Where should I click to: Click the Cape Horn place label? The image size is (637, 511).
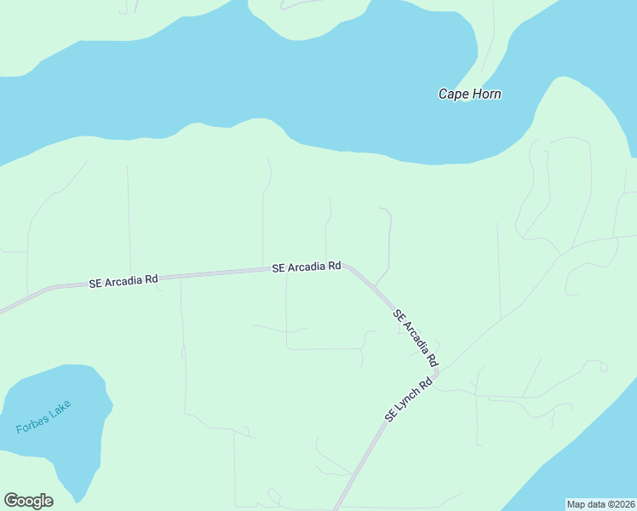coord(469,94)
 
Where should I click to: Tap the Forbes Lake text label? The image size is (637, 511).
coord(43,417)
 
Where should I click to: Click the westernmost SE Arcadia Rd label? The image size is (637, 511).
coord(123,280)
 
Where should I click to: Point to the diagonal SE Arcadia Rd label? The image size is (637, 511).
coord(415,336)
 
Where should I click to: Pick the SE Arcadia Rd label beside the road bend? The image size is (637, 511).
coord(307,267)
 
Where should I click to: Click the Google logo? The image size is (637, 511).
coord(28,501)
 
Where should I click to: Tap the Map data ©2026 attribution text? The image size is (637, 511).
coord(601,504)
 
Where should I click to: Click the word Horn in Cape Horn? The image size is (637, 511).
coord(485,94)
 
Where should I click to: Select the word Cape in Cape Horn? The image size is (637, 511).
coord(453,94)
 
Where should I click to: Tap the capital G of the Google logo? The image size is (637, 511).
coord(11,501)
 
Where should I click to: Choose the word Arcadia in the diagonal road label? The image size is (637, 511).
coord(416,335)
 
